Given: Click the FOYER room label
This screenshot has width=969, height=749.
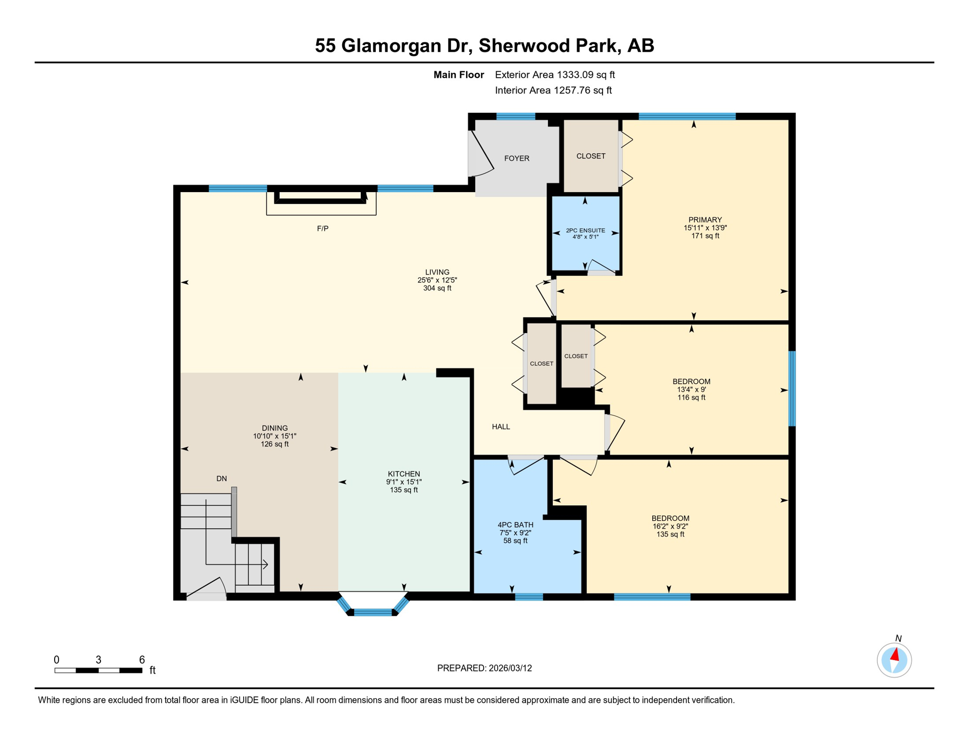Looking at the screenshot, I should tap(516, 158).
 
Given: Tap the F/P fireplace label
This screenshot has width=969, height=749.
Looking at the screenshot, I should tap(322, 228).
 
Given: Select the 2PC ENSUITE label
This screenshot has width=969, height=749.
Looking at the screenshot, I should tap(585, 231).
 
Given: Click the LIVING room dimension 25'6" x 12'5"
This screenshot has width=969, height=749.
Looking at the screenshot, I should tap(437, 280).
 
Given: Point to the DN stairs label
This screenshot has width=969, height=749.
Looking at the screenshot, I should tap(221, 479).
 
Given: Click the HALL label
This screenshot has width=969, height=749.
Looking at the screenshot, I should tap(501, 427).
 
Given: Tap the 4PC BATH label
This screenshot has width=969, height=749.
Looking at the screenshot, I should tap(515, 525).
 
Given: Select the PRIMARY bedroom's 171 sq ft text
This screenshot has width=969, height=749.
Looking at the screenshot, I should tap(705, 236).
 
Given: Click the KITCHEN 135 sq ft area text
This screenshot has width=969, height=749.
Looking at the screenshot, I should tap(404, 490).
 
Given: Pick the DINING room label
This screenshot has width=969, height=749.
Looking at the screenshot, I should tap(274, 428).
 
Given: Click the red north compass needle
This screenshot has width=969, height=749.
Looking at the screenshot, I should tap(895, 654).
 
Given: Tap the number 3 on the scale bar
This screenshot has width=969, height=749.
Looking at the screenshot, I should tap(98, 660).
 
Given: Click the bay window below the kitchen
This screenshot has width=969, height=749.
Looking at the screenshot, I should tap(373, 612).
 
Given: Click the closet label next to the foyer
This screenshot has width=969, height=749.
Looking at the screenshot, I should tap(591, 156).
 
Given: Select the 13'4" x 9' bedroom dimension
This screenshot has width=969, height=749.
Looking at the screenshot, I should tap(691, 390).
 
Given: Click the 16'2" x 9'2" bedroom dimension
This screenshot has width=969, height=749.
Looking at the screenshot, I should tap(670, 526).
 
